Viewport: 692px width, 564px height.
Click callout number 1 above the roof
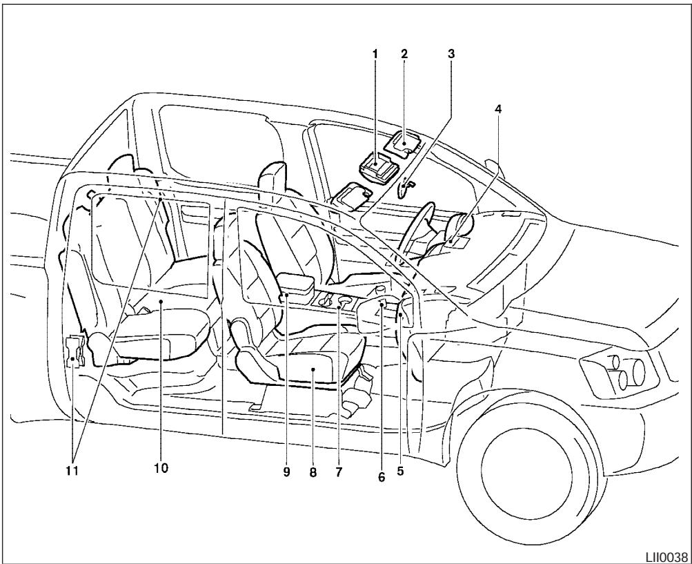click(x=377, y=53)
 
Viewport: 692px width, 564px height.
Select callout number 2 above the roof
click(x=405, y=53)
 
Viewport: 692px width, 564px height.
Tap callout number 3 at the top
click(x=451, y=53)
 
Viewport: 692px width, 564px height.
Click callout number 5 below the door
click(x=399, y=473)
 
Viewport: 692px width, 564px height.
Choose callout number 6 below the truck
click(x=382, y=477)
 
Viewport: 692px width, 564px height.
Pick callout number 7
click(x=339, y=473)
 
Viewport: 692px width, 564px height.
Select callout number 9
click(x=286, y=473)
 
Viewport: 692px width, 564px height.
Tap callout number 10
click(x=161, y=468)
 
